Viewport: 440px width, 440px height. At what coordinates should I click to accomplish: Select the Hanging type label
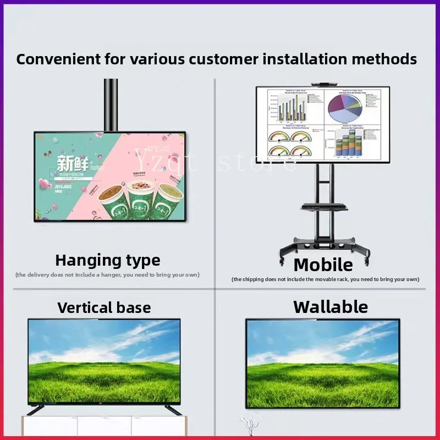point(108,260)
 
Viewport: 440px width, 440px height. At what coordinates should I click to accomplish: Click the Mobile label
point(323,265)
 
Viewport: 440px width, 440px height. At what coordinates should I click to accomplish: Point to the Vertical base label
point(104,307)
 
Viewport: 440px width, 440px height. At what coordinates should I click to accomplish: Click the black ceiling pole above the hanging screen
point(111,105)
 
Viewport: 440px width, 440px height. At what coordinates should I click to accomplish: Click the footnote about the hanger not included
point(108,274)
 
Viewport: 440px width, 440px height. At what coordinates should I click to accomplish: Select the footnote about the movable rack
point(326,279)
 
